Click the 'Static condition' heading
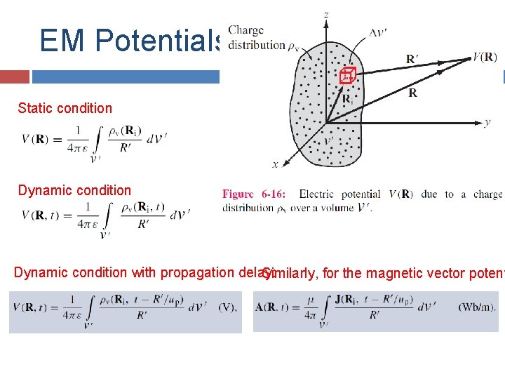point(65,108)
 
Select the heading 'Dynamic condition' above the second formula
point(74,190)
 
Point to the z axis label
point(325,14)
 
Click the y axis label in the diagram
point(487,122)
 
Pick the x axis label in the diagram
point(274,165)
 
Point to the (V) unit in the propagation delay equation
point(227,307)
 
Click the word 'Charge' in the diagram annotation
point(246,30)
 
